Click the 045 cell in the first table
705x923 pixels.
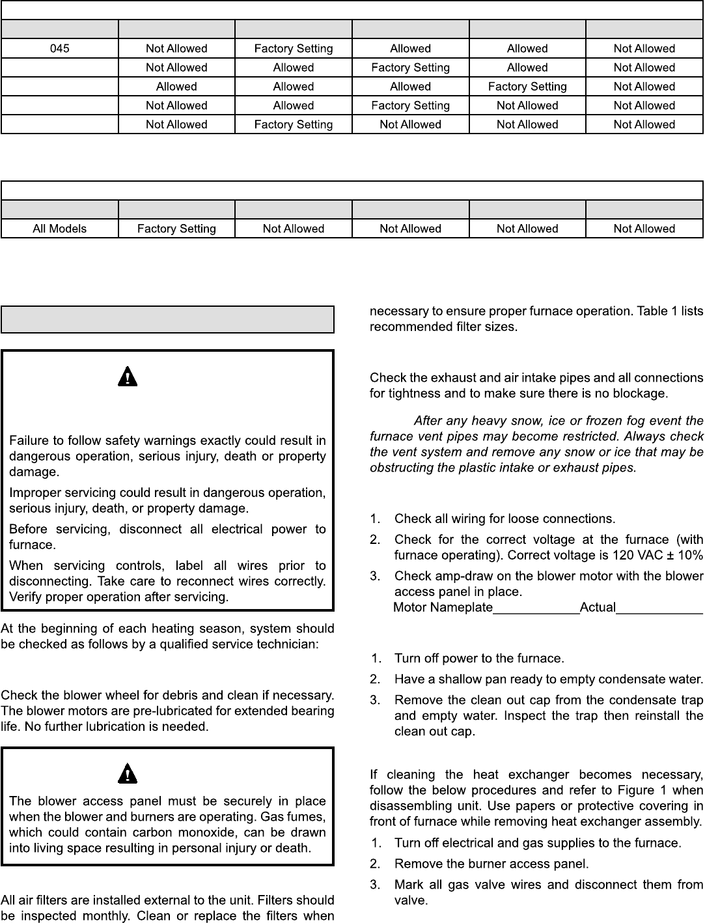pyautogui.click(x=59, y=49)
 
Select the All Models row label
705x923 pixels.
pyautogui.click(x=59, y=229)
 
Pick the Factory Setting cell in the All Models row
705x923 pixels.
pyautogui.click(x=176, y=229)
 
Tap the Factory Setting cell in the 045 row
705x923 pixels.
pyautogui.click(x=294, y=49)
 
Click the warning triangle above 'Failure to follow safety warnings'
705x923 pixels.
pyautogui.click(x=128, y=376)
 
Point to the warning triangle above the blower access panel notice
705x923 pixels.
pyautogui.click(x=128, y=774)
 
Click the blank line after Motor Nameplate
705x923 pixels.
pyautogui.click(x=536, y=608)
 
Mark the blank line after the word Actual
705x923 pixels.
pyautogui.click(x=659, y=608)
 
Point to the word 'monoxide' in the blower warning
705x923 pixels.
pyautogui.click(x=193, y=832)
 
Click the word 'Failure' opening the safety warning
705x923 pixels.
pyautogui.click(x=28, y=441)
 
